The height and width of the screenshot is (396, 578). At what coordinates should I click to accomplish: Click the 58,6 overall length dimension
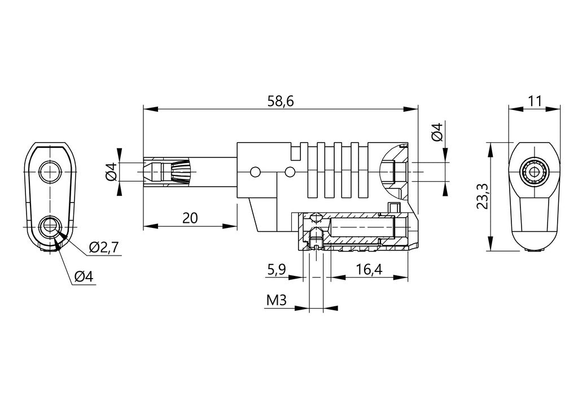(x=281, y=101)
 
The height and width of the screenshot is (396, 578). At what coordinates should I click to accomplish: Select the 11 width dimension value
(x=535, y=101)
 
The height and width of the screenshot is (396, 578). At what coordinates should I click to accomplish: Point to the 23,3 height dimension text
(x=482, y=196)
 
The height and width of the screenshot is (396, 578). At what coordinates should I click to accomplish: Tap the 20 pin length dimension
(x=190, y=218)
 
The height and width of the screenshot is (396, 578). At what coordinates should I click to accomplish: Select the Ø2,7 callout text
(x=104, y=247)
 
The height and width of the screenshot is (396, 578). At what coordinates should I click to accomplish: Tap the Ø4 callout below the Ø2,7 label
(x=84, y=276)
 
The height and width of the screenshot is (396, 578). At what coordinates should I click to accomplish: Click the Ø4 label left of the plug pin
(x=111, y=171)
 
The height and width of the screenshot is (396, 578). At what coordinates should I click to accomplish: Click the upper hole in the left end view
(x=51, y=171)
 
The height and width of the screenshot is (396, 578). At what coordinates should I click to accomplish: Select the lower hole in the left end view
(x=51, y=227)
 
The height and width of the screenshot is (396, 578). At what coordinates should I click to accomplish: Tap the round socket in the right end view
(x=534, y=171)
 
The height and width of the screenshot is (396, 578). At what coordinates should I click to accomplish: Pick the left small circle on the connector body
(x=255, y=171)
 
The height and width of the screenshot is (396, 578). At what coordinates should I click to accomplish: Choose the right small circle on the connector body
(x=290, y=171)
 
